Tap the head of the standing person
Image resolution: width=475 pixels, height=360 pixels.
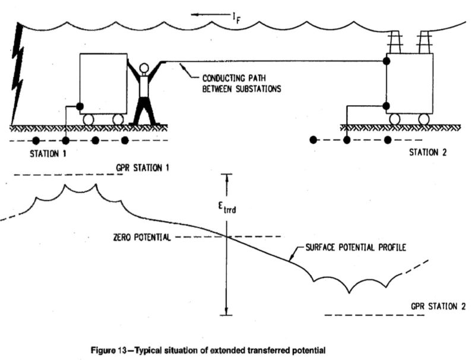tap(143, 68)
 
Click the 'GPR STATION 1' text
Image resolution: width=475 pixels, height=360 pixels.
tap(141, 167)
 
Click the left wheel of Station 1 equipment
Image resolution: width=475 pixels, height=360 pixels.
tap(88, 119)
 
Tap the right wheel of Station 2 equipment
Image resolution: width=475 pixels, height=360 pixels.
tap(423, 119)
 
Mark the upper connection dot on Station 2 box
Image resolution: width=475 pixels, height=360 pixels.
tap(387, 61)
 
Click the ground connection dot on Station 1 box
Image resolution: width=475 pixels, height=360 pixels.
tap(80, 106)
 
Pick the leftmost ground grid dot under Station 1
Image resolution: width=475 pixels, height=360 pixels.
tap(36, 141)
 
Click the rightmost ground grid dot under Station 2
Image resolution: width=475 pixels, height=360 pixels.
tap(388, 140)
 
